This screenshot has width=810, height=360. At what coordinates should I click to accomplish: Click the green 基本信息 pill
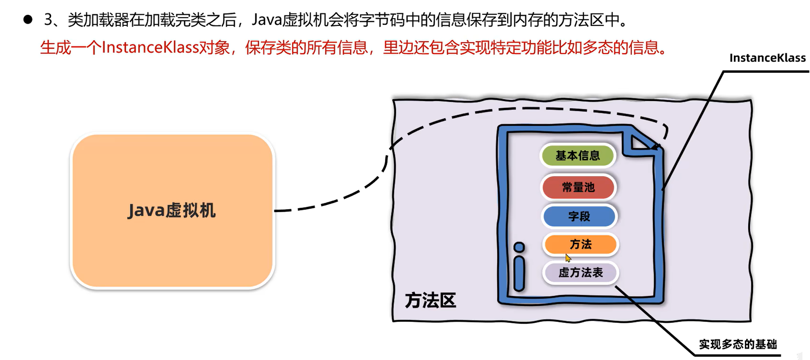coord(577,155)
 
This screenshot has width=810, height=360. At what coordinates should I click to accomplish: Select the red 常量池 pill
coord(578,187)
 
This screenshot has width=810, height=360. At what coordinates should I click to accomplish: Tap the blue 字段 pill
coord(579,216)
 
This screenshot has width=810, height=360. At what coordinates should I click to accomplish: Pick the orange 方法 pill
coord(580,244)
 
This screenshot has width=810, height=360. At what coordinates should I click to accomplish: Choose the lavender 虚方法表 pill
coord(580,273)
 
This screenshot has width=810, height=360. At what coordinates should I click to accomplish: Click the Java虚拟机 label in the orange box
coord(172,210)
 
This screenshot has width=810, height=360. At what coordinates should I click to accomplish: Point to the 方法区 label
coord(430,300)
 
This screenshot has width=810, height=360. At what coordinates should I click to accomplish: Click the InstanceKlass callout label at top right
coord(767,58)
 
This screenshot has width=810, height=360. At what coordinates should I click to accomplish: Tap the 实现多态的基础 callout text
coord(738,344)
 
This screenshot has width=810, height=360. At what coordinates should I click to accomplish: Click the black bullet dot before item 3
coord(28,19)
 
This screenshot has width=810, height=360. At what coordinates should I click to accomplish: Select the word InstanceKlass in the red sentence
coord(150,48)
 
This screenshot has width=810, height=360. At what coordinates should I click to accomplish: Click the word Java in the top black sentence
coord(266,20)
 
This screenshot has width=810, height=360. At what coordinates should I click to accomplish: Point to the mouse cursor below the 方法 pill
coord(568,258)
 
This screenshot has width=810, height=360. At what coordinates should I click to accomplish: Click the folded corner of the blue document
coord(640,142)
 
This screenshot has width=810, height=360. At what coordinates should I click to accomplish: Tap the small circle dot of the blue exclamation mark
coord(519,247)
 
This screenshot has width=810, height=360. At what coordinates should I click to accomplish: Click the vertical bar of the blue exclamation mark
coord(519,273)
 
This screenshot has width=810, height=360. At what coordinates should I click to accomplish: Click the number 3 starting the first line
coord(48,20)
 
